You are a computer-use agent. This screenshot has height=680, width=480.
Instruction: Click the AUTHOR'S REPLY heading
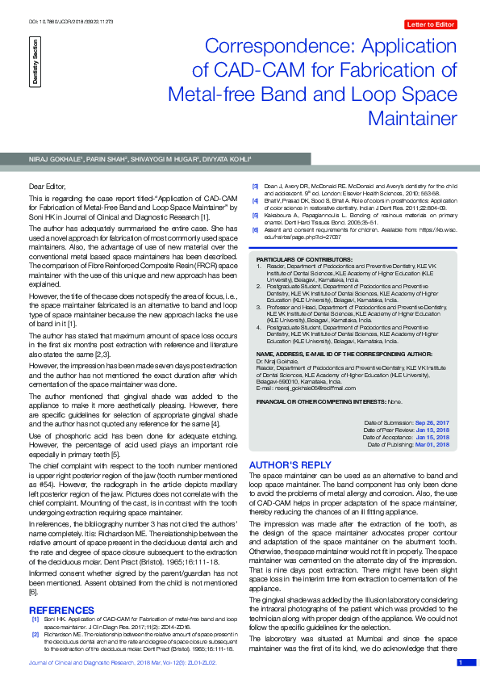coord(290,465)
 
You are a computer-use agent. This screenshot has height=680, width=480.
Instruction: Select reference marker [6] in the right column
coord(255,229)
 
